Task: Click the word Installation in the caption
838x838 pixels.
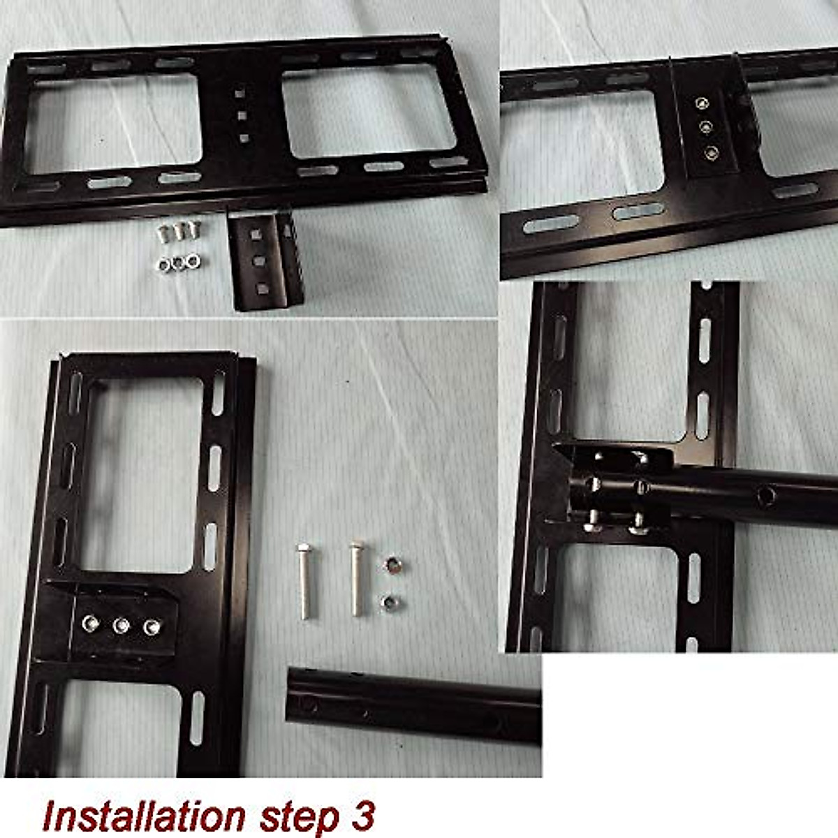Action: click(143, 816)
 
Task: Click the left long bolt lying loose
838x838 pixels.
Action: click(305, 582)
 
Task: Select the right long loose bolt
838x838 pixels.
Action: click(358, 578)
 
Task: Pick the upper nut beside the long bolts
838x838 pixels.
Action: click(392, 566)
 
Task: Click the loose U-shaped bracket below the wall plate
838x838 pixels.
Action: click(267, 261)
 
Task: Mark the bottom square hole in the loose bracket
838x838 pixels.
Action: click(262, 288)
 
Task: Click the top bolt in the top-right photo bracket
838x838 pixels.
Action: click(700, 103)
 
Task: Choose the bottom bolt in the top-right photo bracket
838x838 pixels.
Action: click(712, 151)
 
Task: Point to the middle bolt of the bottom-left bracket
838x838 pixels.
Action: click(121, 625)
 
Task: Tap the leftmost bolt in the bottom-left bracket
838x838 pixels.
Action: click(90, 623)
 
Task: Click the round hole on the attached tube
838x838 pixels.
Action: click(767, 496)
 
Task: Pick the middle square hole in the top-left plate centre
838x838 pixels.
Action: click(242, 115)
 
